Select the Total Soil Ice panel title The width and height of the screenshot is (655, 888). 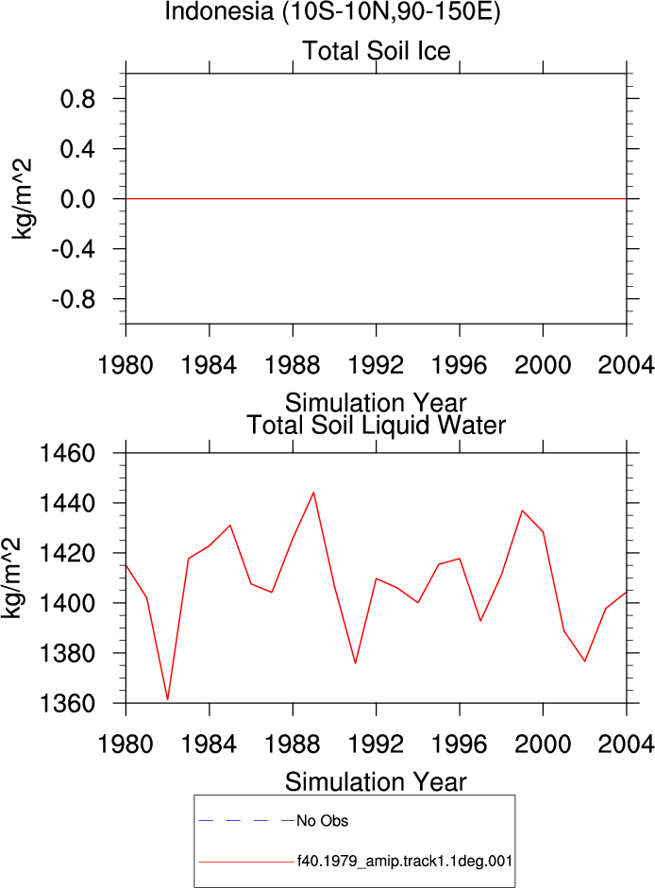coord(377,50)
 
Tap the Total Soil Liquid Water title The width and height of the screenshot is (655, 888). coord(377,425)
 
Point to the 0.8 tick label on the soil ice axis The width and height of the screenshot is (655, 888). coord(77,99)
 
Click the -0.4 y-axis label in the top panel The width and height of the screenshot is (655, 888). coord(74,249)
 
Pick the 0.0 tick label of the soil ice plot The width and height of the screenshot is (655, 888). coord(77,199)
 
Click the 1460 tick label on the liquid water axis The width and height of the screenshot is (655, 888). coord(66,454)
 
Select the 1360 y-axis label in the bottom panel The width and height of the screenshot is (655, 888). coord(66,703)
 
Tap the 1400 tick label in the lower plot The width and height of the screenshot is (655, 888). coord(66,603)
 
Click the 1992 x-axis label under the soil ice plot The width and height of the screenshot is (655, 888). coord(377,364)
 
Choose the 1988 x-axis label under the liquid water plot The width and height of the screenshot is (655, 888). coord(293,744)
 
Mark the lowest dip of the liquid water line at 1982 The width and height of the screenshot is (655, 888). coord(168,699)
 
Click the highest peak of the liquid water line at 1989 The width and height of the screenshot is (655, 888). coord(313,493)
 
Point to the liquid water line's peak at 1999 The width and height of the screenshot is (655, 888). coord(522,511)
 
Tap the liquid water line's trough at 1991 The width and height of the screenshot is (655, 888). coord(355,663)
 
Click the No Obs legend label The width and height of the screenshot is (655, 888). coord(323,821)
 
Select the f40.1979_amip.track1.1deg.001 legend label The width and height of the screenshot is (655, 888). coord(405,862)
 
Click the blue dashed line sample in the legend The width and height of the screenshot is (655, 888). coord(246,820)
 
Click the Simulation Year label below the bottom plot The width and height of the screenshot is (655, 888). coord(376,782)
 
